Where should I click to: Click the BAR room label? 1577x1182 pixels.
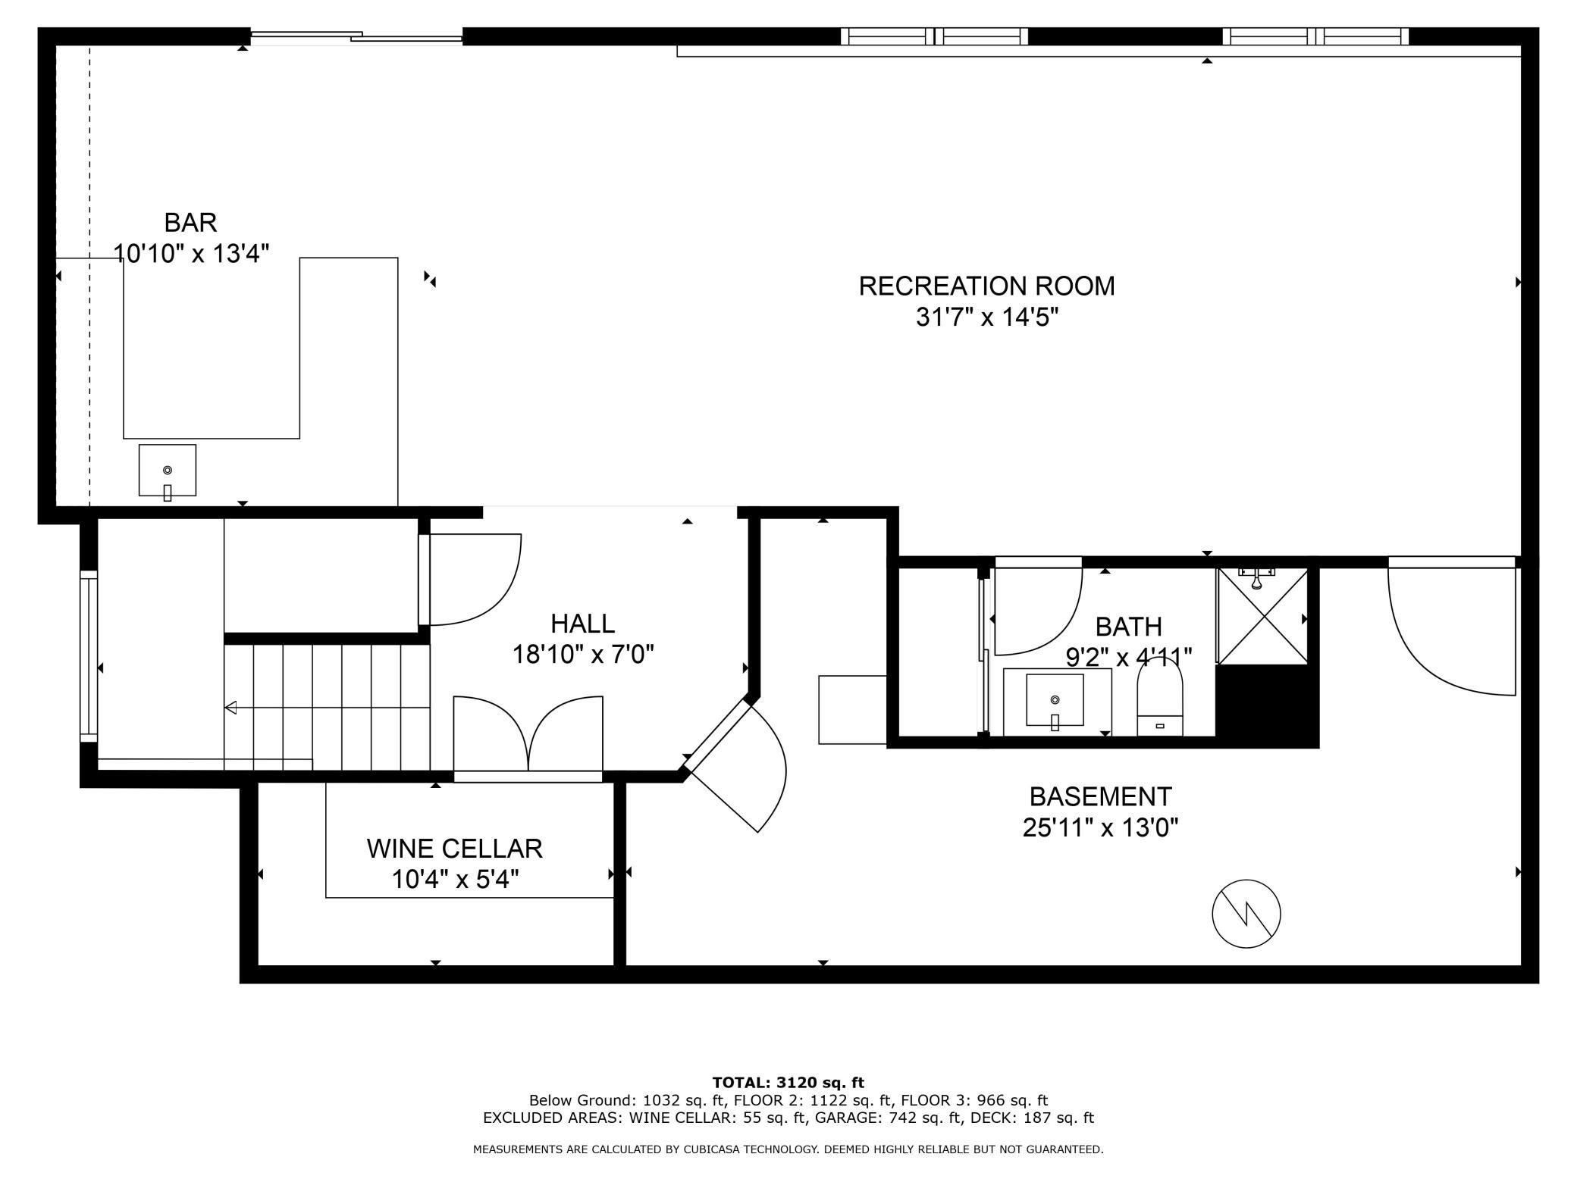click(x=190, y=223)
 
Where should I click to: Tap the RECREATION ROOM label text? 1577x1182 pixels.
click(x=986, y=286)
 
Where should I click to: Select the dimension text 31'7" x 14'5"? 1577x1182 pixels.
click(x=986, y=317)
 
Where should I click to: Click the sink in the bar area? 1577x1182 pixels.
click(x=168, y=471)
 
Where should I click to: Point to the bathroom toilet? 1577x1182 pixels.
click(x=1159, y=698)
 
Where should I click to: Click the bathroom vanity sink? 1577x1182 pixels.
click(x=1055, y=700)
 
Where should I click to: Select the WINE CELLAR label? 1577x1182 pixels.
click(x=454, y=849)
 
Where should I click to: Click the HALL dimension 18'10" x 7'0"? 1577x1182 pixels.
click(x=582, y=654)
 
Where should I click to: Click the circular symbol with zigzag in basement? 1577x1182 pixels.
click(x=1246, y=914)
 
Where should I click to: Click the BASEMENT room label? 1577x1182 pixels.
click(x=1100, y=796)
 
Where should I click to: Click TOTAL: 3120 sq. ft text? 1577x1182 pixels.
click(x=788, y=1083)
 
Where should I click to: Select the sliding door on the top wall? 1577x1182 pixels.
click(x=356, y=36)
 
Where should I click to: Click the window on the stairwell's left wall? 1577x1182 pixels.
click(x=89, y=655)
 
